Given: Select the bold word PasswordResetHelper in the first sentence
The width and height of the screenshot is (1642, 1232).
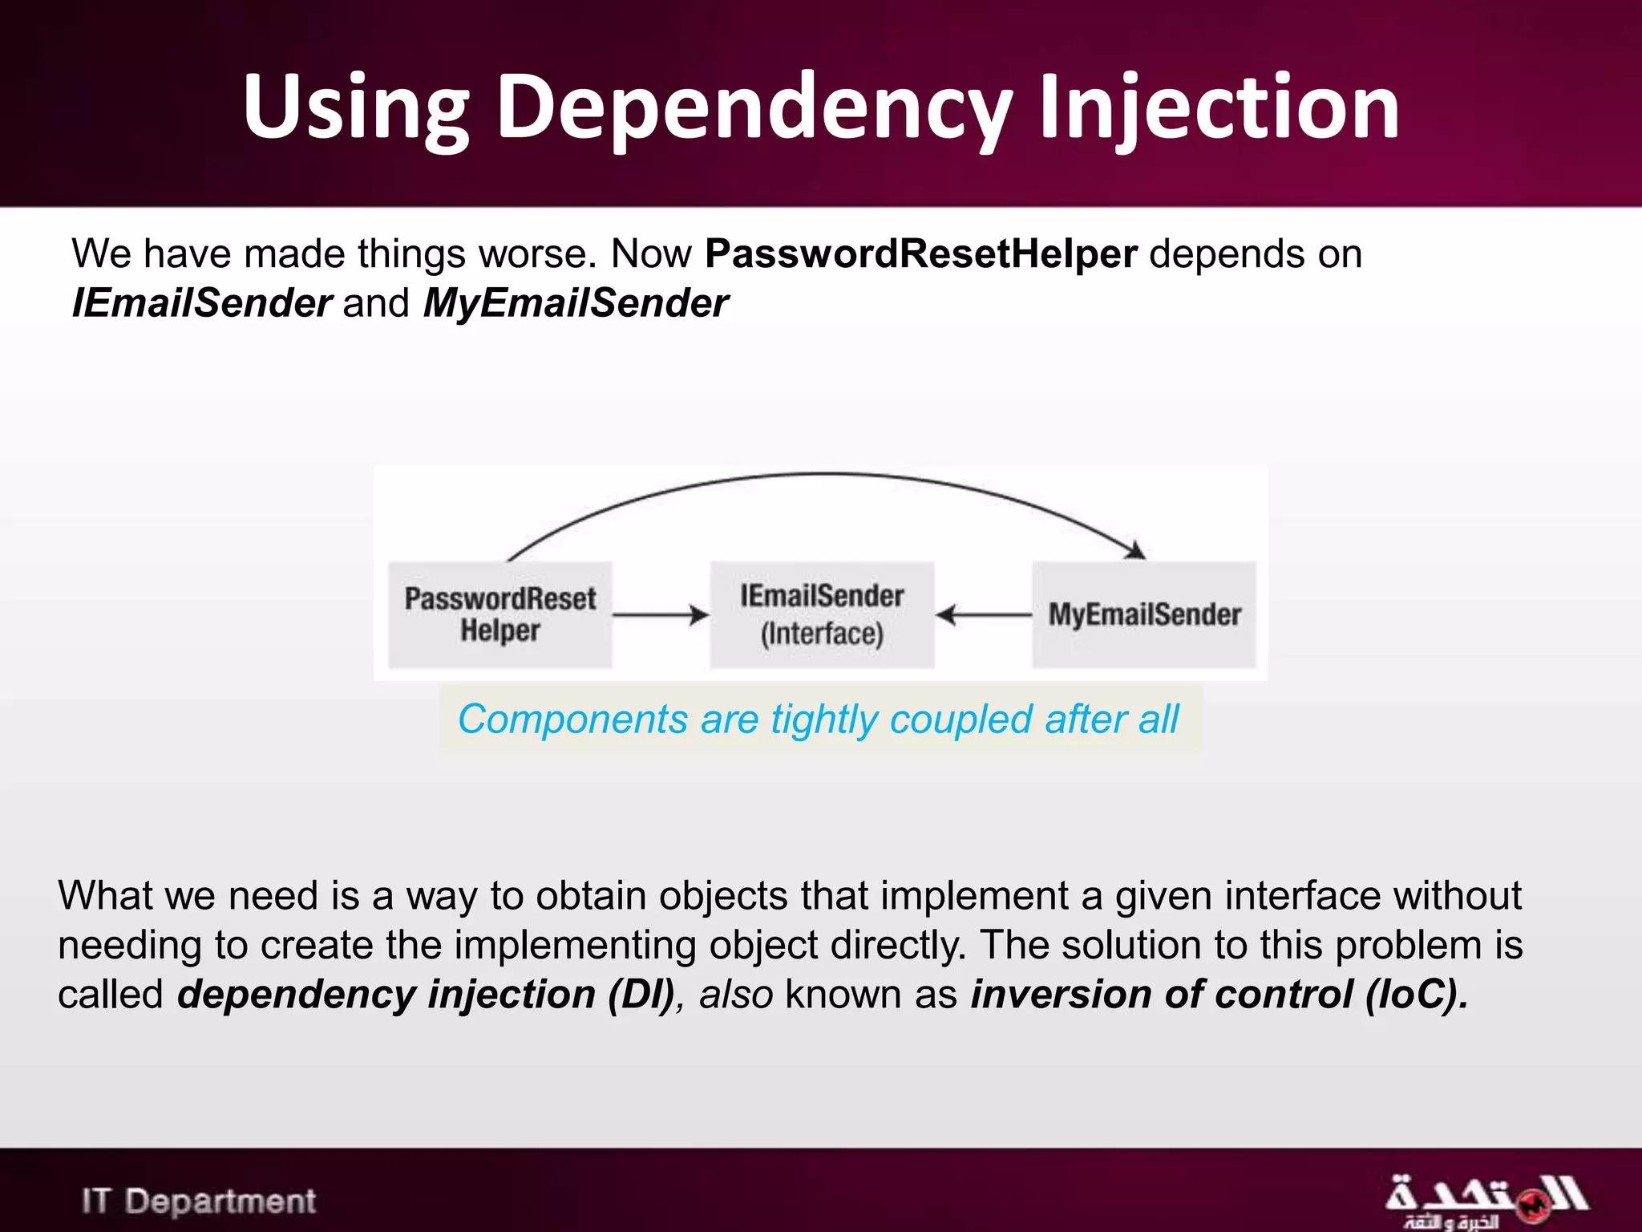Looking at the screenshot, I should coord(921,254).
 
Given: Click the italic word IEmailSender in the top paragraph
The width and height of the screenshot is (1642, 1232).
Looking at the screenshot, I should coord(201,304).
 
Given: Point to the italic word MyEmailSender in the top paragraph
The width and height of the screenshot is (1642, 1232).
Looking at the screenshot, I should coord(575,304).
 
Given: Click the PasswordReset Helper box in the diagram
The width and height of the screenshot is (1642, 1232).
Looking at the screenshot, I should coord(500,615).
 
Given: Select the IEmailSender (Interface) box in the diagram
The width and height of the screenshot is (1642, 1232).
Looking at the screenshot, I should coord(822,615).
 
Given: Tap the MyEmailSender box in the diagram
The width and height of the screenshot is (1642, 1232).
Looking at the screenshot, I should coord(1144,615).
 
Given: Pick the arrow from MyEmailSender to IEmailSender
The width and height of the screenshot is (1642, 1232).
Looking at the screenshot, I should coord(984,615).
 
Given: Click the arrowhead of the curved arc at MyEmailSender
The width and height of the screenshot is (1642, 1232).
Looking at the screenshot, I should coord(1136,550).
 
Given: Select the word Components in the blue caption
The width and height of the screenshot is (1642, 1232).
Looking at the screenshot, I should coord(572,719).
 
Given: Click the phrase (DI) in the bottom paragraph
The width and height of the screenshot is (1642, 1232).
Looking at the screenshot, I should coord(641,995).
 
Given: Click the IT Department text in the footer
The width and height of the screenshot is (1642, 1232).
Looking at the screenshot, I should coord(199,1201).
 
